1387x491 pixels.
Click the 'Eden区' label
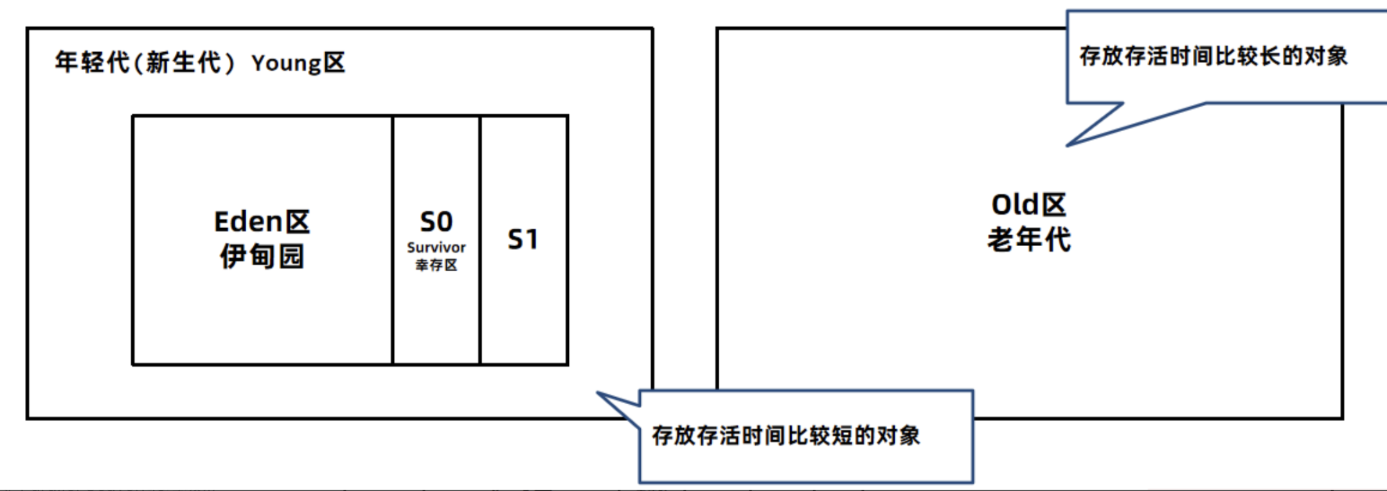(262, 222)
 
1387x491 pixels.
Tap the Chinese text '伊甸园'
(262, 256)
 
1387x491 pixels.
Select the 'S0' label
(436, 222)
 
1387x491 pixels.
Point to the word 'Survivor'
(436, 247)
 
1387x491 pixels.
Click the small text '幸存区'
(436, 265)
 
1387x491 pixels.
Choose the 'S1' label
(523, 240)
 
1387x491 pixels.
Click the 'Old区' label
(1028, 205)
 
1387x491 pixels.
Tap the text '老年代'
(1028, 240)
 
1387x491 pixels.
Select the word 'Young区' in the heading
(298, 63)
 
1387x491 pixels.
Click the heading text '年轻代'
(92, 62)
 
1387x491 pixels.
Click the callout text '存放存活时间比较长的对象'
(1213, 57)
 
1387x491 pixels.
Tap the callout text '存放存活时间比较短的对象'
(786, 436)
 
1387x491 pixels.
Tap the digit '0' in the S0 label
(445, 222)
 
